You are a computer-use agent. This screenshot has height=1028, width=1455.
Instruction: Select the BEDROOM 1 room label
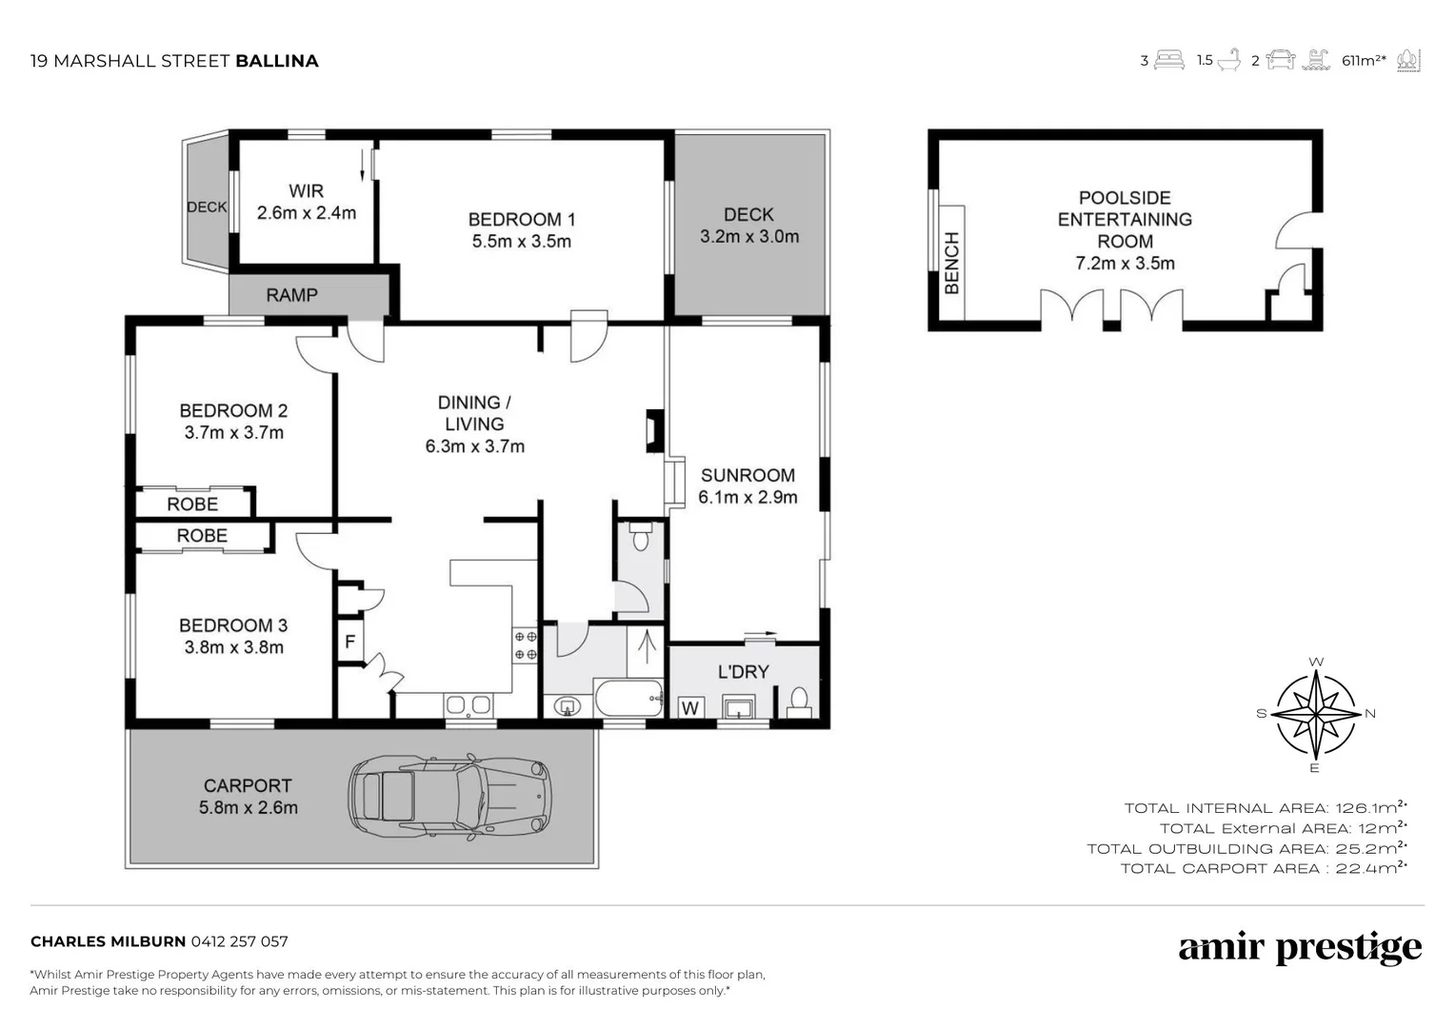coord(521,230)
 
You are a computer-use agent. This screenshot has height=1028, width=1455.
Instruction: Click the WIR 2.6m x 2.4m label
coord(306,202)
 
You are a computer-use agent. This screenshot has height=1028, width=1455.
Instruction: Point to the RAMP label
coord(291,295)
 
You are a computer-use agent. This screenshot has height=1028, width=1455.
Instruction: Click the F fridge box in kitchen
coord(349,642)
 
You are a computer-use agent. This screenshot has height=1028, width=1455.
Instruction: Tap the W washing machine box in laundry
coord(690,708)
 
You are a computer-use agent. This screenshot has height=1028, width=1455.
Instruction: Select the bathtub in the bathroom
coord(628,700)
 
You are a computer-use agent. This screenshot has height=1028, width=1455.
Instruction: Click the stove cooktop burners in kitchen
coord(525,644)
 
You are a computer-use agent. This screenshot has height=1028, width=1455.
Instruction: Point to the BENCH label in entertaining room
coord(951,263)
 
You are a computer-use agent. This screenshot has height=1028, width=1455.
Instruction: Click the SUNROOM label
coord(747,485)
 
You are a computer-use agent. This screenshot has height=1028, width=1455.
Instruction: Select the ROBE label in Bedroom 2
coord(192,504)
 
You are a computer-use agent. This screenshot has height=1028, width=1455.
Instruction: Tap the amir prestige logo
coord(1300,947)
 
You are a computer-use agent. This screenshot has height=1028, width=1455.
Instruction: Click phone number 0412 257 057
coord(239,941)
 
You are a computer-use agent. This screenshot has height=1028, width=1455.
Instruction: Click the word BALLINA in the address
coord(276,61)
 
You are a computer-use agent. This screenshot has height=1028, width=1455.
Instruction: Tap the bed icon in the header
coord(1169,61)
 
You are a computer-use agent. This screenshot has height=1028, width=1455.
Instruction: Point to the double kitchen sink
coord(468,705)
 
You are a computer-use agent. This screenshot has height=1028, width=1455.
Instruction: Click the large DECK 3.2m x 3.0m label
coord(748,226)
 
